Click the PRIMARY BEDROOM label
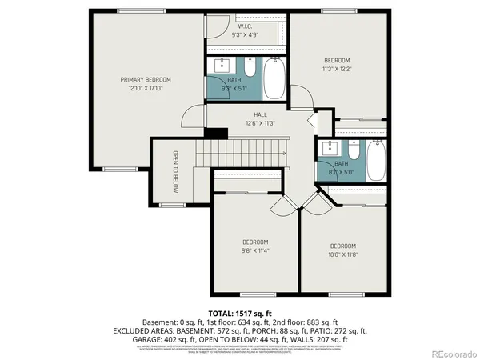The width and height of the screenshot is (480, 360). pyautogui.click(x=146, y=79)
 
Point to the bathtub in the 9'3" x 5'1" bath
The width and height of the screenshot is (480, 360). pyautogui.click(x=274, y=75)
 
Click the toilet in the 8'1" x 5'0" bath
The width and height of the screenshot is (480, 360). pyautogui.click(x=352, y=149)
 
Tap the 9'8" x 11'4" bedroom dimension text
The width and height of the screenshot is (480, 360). pyautogui.click(x=255, y=250)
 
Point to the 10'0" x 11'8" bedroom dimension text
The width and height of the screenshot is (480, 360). pyautogui.click(x=342, y=254)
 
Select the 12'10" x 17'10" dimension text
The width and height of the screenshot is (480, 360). pyautogui.click(x=146, y=88)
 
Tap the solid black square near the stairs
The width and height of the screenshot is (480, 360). pyautogui.click(x=212, y=134)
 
